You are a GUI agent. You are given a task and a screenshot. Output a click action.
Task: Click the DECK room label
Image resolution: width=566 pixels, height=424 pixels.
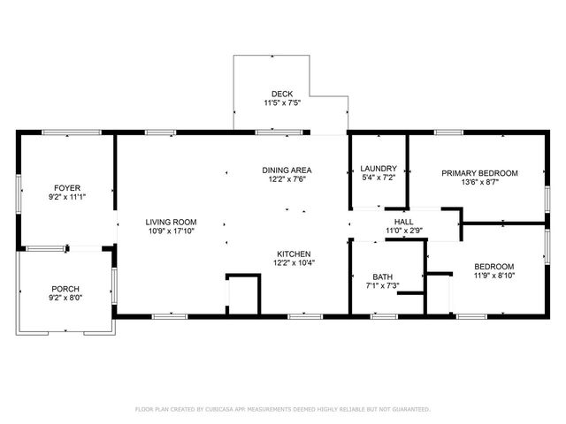click(x=282, y=94)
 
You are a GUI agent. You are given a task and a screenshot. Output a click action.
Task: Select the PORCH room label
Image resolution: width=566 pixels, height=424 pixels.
click(x=65, y=289)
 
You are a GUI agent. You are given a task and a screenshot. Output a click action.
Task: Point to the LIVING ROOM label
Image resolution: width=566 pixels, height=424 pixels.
click(x=172, y=222)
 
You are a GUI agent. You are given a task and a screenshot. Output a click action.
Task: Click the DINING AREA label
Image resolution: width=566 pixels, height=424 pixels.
click(x=287, y=170)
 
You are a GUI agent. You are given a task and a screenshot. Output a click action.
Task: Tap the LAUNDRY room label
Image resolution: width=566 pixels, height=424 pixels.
click(x=379, y=169)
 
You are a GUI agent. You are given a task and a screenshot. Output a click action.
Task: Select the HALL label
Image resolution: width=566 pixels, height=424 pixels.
click(x=403, y=222)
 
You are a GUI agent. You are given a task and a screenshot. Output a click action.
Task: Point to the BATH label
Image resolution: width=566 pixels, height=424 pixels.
click(x=382, y=276)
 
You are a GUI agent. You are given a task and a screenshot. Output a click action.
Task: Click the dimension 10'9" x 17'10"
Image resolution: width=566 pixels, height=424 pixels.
click(x=172, y=231)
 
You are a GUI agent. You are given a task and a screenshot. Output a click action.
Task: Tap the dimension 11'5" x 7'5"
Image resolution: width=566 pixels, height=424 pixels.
click(x=282, y=103)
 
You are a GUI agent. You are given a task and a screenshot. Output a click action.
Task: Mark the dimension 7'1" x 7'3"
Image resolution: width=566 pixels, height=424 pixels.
click(x=382, y=286)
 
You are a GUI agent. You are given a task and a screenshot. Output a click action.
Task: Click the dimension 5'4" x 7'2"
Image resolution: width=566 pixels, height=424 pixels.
click(x=379, y=178)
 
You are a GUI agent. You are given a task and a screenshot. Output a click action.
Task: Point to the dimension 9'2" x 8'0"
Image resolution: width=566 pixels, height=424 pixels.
click(x=65, y=299)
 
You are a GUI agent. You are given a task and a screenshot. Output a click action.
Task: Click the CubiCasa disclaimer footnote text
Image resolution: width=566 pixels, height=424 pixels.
click(x=282, y=409)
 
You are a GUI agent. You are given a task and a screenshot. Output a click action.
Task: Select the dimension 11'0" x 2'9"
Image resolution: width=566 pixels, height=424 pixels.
click(x=403, y=231)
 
